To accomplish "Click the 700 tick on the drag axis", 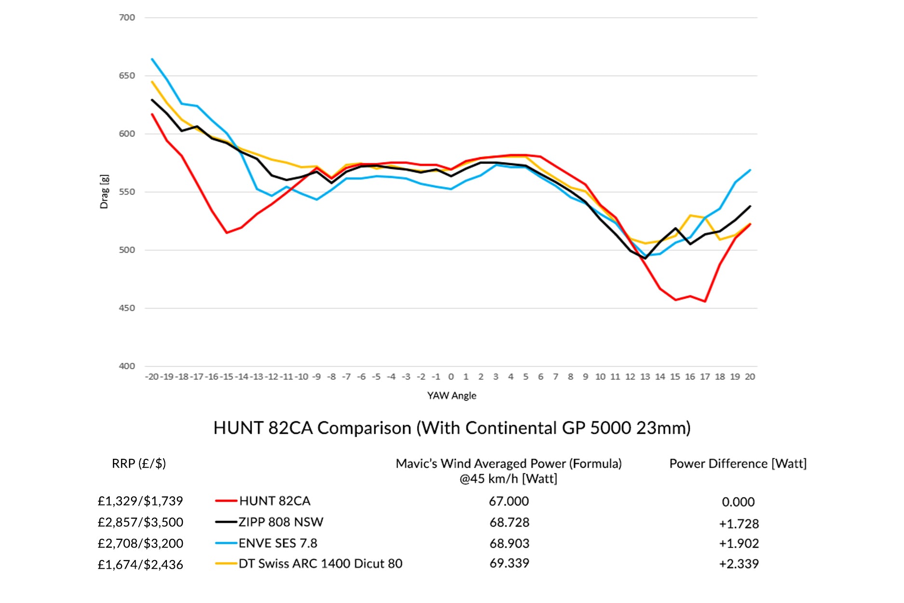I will click(x=127, y=18).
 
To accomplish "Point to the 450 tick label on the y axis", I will click(x=127, y=308).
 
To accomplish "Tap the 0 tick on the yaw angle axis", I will click(x=451, y=377).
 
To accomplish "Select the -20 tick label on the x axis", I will click(x=152, y=377).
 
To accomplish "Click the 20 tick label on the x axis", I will click(x=750, y=377).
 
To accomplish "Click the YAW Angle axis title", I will click(x=452, y=396).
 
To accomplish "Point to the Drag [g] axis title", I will click(x=104, y=192).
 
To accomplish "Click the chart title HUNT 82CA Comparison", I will click(x=452, y=428).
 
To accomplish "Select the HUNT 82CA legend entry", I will click(x=274, y=501).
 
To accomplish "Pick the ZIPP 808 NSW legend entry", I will click(x=281, y=523).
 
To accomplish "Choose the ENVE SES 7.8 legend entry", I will click(x=278, y=543).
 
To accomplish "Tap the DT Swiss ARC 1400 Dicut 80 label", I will click(x=320, y=564).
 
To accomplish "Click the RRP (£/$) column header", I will click(x=139, y=464).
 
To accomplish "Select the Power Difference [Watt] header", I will click(x=738, y=464).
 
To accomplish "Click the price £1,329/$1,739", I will click(x=140, y=501).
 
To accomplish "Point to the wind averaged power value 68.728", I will click(x=509, y=523).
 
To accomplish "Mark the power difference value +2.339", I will click(x=739, y=564).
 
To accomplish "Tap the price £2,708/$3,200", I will click(x=140, y=543).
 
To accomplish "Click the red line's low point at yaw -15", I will click(x=227, y=233).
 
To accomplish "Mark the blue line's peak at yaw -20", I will click(x=152, y=59).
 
